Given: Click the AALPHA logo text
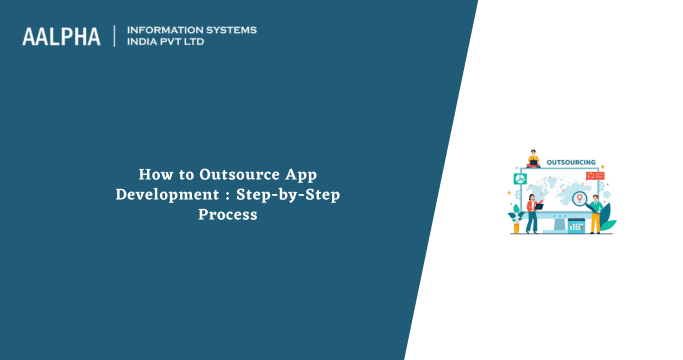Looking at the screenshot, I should pyautogui.click(x=62, y=36).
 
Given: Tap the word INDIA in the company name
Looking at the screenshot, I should pyautogui.click(x=146, y=43).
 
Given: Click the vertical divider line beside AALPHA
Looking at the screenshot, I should pyautogui.click(x=115, y=36).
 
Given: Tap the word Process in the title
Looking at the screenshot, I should pyautogui.click(x=227, y=214).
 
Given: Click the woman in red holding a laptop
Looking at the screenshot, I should pyautogui.click(x=533, y=212).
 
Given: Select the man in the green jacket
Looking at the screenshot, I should pyautogui.click(x=595, y=213).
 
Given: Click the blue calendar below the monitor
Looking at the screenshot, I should pyautogui.click(x=575, y=226).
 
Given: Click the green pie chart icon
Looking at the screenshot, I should pyautogui.click(x=520, y=178).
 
